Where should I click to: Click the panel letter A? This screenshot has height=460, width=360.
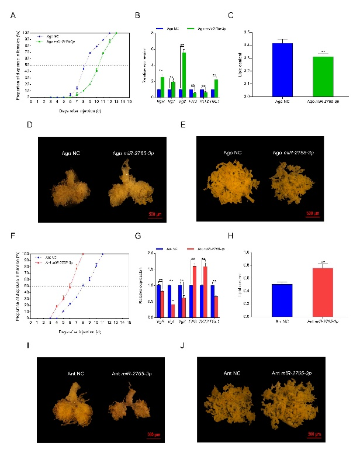13,16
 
